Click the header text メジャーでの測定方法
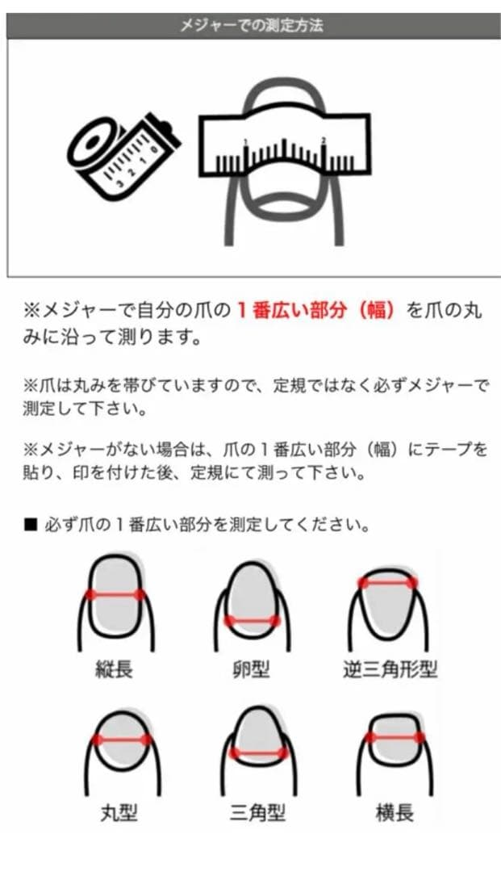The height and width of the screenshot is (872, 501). click(251, 26)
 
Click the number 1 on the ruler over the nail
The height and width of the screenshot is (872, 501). click(244, 143)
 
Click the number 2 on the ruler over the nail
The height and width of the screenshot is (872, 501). click(324, 140)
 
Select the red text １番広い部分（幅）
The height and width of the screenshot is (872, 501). click(315, 311)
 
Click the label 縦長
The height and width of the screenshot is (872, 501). click(113, 669)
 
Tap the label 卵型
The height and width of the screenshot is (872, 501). click(252, 669)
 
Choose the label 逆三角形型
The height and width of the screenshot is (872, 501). click(390, 669)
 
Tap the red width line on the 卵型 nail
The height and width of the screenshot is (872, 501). click(252, 621)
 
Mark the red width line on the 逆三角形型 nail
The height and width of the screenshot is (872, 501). click(388, 582)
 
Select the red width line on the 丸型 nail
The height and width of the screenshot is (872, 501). click(123, 739)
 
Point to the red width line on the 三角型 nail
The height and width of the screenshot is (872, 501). click(258, 753)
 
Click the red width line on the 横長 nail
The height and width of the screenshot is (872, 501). click(395, 736)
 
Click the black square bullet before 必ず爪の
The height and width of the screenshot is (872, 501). click(31, 526)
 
